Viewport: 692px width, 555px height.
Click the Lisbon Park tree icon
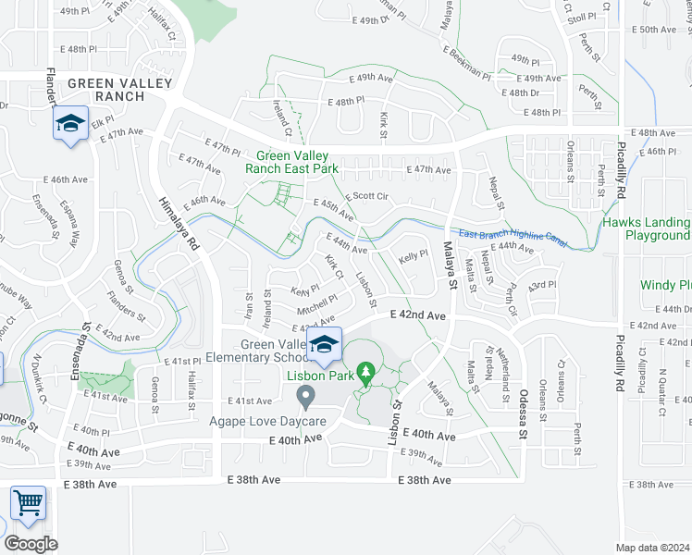click(x=366, y=373)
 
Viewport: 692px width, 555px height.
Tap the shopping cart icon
click(x=28, y=504)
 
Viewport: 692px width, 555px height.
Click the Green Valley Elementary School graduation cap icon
click(x=323, y=344)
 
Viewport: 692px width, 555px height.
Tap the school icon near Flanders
click(x=69, y=123)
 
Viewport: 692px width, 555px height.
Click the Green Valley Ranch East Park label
click(x=290, y=163)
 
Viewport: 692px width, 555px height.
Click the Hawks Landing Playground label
click(x=646, y=228)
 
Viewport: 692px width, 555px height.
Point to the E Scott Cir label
click(x=367, y=197)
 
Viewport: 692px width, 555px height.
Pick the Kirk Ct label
click(x=334, y=266)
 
